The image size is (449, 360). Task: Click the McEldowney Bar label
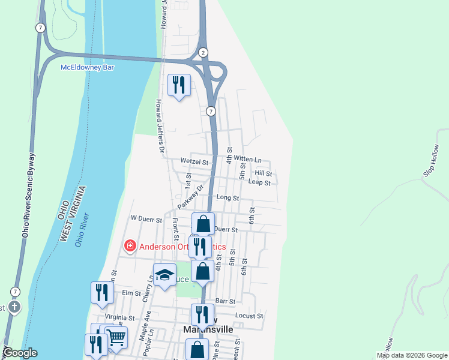pos(88,67)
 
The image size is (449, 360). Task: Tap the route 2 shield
pos(203,52)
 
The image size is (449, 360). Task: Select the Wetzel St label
pos(194,161)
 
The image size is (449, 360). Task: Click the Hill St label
pos(264,173)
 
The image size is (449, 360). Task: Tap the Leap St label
pos(259,182)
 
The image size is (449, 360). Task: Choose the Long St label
pos(228,197)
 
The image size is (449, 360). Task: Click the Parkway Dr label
pos(191,197)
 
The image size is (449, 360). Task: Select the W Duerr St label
pos(146,220)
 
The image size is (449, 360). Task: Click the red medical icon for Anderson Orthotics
pos(129,246)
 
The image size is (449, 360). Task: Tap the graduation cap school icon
pos(164,275)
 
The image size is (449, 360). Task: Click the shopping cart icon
pos(116,337)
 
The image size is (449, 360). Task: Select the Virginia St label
pos(119,317)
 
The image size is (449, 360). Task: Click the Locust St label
pos(250,316)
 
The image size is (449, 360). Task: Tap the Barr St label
pos(225,301)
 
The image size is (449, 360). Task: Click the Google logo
pos(19,353)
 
